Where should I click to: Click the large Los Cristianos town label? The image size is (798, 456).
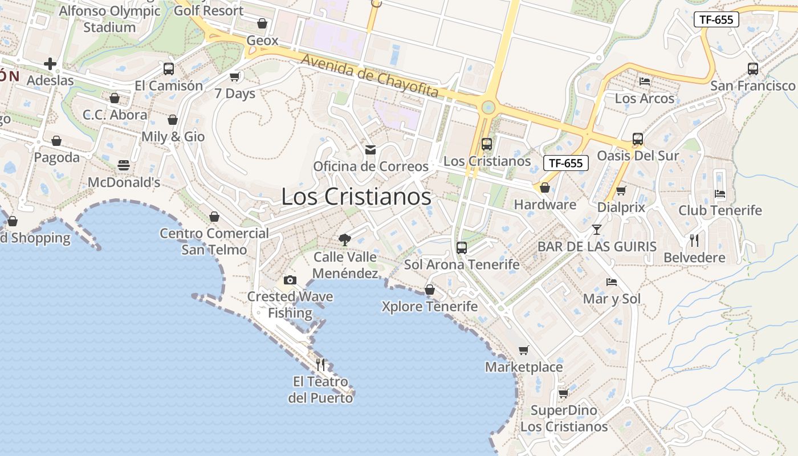[x=356, y=197]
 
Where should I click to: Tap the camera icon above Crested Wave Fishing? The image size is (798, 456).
[x=290, y=280]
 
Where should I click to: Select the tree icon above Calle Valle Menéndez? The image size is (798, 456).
[x=344, y=239]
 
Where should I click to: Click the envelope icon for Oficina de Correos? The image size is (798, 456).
[x=370, y=150]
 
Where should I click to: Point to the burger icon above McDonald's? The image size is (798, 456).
[x=124, y=165]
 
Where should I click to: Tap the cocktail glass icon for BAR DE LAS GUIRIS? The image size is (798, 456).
[x=596, y=230]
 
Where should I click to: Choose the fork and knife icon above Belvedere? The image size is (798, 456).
[x=694, y=241]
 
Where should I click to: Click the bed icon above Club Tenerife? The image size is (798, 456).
[x=720, y=194]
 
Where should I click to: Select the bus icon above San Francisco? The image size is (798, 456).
[x=752, y=69]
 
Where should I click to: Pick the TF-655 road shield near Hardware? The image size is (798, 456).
[x=565, y=163]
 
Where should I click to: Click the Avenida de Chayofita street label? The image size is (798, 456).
[x=370, y=76]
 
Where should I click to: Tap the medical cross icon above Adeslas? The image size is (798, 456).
[x=50, y=64]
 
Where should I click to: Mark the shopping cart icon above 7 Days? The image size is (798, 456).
[x=235, y=76]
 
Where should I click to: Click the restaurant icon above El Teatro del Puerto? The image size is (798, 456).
[x=320, y=364]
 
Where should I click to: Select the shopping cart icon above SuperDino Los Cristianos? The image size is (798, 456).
[x=563, y=393]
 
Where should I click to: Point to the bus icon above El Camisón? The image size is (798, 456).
[x=169, y=69]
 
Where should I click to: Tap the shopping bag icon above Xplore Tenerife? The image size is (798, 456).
[x=430, y=290]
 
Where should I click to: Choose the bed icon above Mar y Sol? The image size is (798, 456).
[x=612, y=282]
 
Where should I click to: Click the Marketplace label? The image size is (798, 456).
[x=524, y=367]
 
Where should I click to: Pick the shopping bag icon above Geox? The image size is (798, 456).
[x=262, y=23]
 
